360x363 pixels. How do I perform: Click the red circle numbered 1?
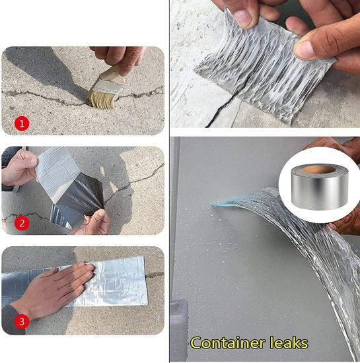click(21, 122)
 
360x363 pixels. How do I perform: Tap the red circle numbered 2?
click(21, 222)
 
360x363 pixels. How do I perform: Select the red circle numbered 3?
click(21, 323)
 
